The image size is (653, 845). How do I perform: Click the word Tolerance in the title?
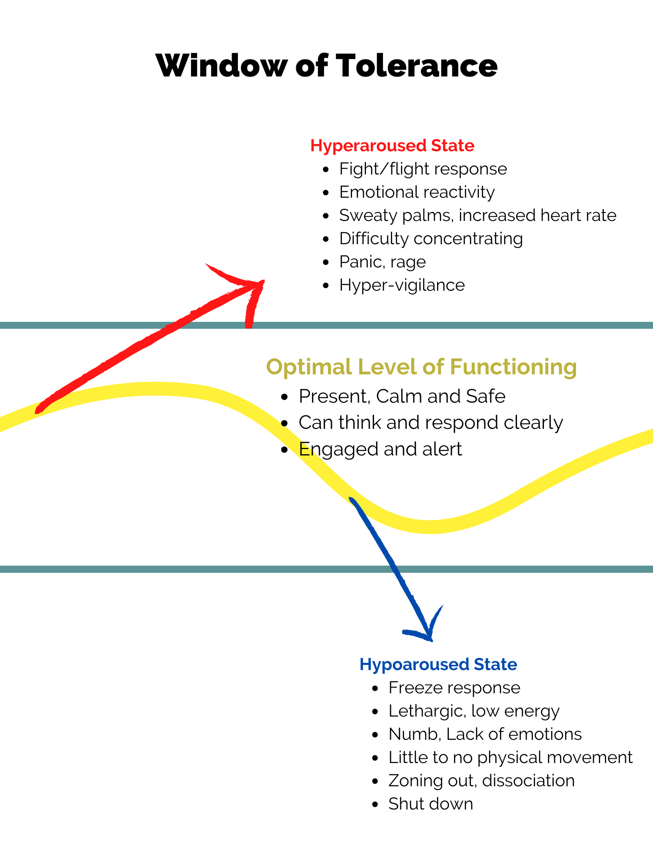[x=416, y=66]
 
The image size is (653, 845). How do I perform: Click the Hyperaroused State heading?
[x=392, y=145]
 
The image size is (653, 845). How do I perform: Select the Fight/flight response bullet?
[x=423, y=169]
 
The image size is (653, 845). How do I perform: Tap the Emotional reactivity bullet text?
[x=417, y=192]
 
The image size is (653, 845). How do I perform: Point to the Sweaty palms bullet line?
[x=478, y=215]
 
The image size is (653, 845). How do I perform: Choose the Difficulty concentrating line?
[x=431, y=239]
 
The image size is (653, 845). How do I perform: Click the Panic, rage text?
[x=383, y=262]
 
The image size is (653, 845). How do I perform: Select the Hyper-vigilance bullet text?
[x=402, y=285]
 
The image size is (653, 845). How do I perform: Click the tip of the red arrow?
[x=262, y=282]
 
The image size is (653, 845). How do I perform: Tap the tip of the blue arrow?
[x=430, y=640]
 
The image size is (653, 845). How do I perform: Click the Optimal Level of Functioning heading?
[x=421, y=366]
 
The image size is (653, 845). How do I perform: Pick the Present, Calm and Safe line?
[x=402, y=396]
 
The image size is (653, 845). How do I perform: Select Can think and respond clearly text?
[x=431, y=422]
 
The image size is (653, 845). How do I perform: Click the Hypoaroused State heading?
[x=438, y=665]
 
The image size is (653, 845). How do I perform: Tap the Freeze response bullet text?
[x=454, y=688]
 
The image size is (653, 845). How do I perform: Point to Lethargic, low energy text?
[x=474, y=711]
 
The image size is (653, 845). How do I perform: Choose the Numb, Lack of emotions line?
[x=485, y=734]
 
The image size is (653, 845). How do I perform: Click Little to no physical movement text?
[x=511, y=758]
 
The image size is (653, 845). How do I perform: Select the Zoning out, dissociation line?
[x=481, y=781]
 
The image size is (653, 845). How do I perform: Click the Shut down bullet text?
[x=431, y=804]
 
